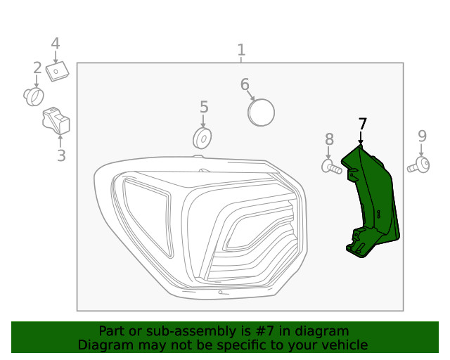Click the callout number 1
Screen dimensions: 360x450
[x=241, y=50]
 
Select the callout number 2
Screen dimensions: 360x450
[x=37, y=68]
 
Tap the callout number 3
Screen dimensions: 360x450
[x=61, y=156]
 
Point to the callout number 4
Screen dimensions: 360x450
[x=56, y=44]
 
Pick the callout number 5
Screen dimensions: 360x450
[x=204, y=107]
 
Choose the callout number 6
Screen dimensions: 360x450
[x=245, y=85]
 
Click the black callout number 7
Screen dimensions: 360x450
[x=362, y=124]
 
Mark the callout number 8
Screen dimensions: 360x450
[x=329, y=139]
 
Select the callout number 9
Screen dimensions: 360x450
[x=422, y=136]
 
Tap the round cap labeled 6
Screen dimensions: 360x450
[x=262, y=112]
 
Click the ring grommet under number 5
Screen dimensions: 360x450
[x=202, y=136]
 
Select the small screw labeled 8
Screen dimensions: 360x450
[x=331, y=167]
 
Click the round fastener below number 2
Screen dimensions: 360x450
[x=33, y=96]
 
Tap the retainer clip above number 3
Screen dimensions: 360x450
[x=57, y=122]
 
